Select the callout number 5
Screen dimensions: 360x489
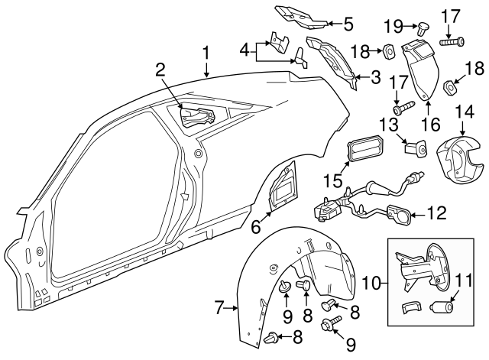tap(348, 24)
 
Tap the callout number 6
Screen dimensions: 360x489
tap(256, 226)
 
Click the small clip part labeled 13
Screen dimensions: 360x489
tap(415, 148)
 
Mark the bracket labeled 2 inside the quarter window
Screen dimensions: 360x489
tap(197, 116)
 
